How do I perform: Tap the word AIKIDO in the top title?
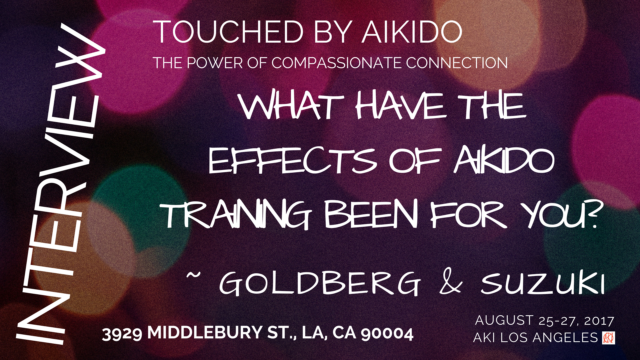coord(412,32)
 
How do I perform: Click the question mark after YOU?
coord(590,217)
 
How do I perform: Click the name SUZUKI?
coord(543,283)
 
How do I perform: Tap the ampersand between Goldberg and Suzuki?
coord(451,283)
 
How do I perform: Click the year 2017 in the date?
coord(599,321)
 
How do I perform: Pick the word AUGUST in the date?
coord(504,320)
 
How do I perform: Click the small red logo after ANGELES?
coord(609,338)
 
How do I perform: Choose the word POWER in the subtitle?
coord(215,63)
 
